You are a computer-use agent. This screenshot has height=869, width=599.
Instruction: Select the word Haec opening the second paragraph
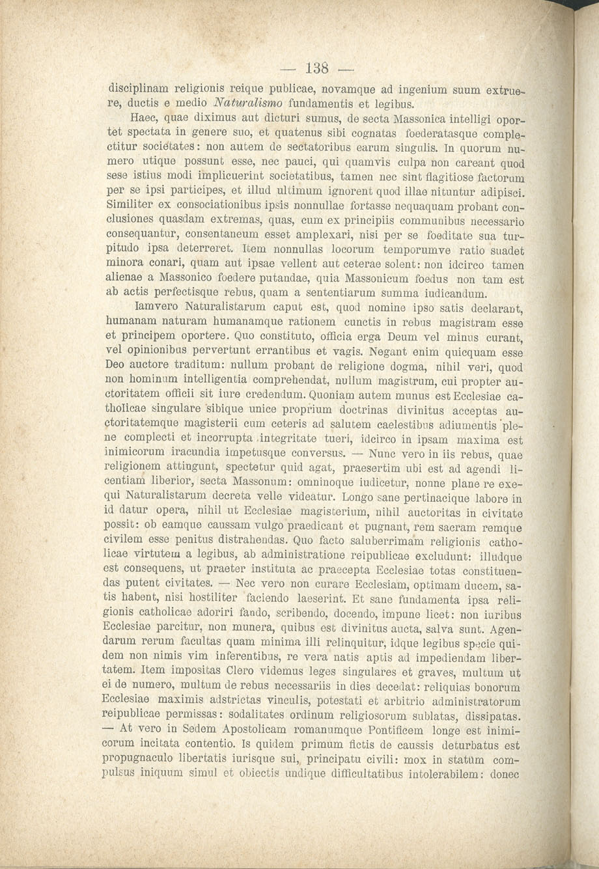[x=147, y=119]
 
